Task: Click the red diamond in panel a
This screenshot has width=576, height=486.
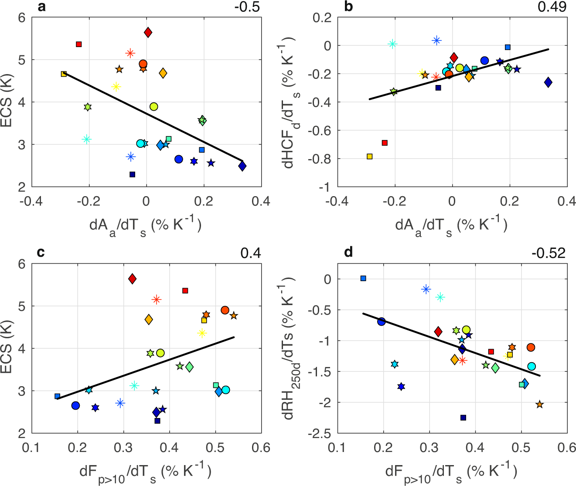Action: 148,32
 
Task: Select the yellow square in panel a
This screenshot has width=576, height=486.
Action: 64,74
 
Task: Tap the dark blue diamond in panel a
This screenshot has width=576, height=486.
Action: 242,166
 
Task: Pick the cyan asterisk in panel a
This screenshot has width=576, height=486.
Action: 87,139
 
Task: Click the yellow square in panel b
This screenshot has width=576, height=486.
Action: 370,156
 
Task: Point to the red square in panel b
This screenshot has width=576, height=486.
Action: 385,143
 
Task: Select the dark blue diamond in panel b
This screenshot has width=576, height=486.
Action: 548,82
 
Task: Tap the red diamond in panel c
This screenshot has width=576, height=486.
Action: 133,279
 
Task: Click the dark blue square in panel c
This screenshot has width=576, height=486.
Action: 157,421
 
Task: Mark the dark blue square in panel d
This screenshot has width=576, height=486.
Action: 464,418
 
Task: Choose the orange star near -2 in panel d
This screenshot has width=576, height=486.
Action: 540,404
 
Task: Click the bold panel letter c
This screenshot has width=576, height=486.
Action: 41,253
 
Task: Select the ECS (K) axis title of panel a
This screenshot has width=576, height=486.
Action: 7,102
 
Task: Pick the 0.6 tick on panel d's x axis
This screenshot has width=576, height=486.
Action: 567,448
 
